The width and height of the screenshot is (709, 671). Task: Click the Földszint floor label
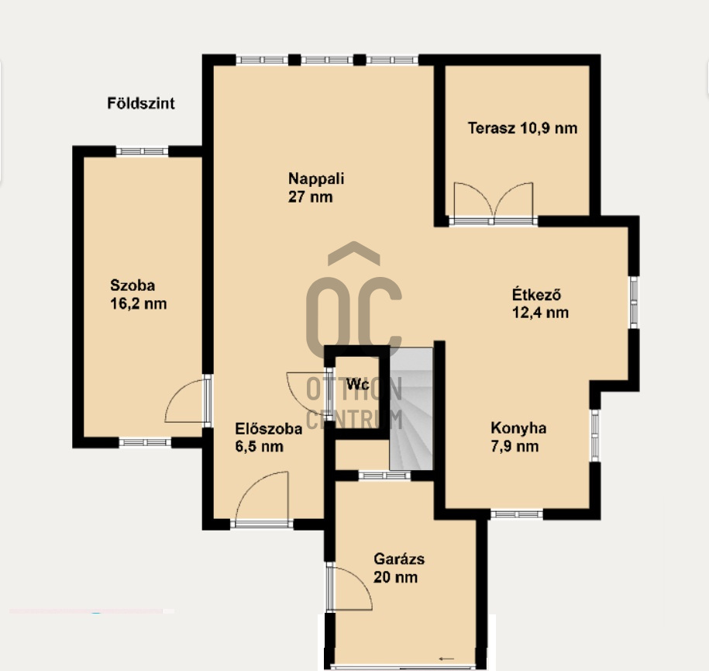[140, 104]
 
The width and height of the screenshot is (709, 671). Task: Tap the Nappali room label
[316, 178]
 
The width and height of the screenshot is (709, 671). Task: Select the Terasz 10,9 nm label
[522, 128]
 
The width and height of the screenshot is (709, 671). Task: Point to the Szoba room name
[133, 285]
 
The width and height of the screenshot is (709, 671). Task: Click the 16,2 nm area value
[139, 304]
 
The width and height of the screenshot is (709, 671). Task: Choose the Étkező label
[536, 294]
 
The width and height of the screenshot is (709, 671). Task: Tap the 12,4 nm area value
[540, 313]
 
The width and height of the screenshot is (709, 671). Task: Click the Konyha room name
[518, 428]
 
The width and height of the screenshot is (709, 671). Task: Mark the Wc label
[358, 385]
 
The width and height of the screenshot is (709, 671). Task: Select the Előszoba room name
[269, 428]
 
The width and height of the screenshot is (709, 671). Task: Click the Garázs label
[399, 559]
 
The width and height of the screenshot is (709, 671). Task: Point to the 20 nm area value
[395, 577]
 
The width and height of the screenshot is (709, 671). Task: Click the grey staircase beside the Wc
[411, 409]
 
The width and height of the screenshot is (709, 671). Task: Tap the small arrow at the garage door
[446, 659]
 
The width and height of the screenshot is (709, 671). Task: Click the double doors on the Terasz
[494, 201]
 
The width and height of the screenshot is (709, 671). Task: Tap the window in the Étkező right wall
[634, 302]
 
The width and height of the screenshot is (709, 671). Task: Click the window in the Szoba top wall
[142, 151]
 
